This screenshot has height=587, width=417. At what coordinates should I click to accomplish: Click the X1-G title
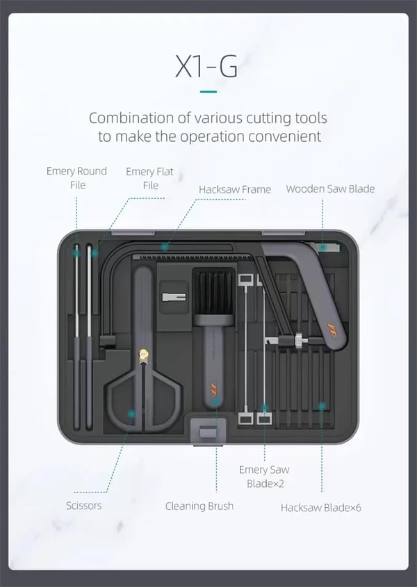pos(206,66)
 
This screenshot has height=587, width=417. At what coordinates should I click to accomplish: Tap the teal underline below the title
pos(208,92)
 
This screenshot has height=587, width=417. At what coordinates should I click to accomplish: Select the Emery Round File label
pos(76,178)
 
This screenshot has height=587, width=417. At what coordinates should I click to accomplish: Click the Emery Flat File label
pos(149,178)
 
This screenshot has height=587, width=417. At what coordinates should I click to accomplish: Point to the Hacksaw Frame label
pos(235,189)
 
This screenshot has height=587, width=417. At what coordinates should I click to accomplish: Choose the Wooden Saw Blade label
pos(330,188)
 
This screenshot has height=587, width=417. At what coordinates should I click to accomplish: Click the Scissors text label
pos(84,506)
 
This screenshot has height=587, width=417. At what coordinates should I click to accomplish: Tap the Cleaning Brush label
pos(199,506)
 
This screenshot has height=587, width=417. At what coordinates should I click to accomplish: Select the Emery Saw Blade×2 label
pos(264,476)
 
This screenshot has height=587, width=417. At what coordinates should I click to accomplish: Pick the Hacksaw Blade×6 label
pos(321,508)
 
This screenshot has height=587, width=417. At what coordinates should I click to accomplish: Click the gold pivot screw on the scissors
pos(142,353)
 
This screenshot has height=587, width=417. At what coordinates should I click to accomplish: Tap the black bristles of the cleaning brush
pos(213,291)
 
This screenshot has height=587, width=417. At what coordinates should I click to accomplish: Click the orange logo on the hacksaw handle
pos(332,330)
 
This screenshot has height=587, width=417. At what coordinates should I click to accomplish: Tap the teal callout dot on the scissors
pos(131,414)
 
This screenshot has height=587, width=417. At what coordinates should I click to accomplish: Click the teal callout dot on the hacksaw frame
pos(164,247)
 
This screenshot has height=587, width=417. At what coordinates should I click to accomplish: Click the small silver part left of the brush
pos(174,297)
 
